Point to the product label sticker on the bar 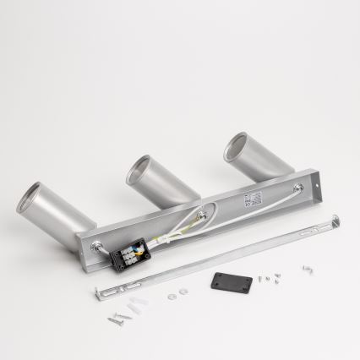(254, 200)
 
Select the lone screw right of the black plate (307, 270)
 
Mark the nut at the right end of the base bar (297, 188)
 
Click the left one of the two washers (172, 296)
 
